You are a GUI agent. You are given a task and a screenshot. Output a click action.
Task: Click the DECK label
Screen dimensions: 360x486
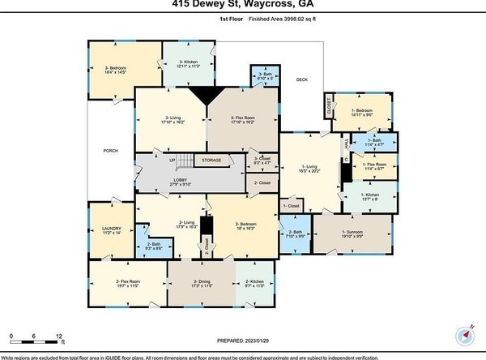coord(302,79)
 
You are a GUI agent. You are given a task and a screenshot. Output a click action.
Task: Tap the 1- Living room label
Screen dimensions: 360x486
coord(310,169)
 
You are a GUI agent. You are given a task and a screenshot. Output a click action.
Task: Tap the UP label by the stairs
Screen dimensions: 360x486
coord(173,160)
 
